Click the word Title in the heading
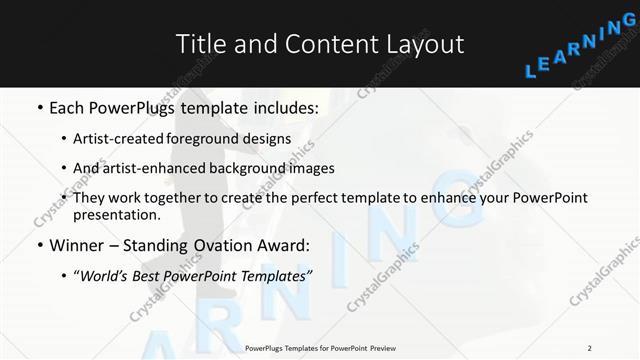(197, 44)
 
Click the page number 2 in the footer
(589, 348)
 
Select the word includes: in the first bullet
(284, 106)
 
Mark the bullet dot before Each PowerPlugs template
(38, 107)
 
